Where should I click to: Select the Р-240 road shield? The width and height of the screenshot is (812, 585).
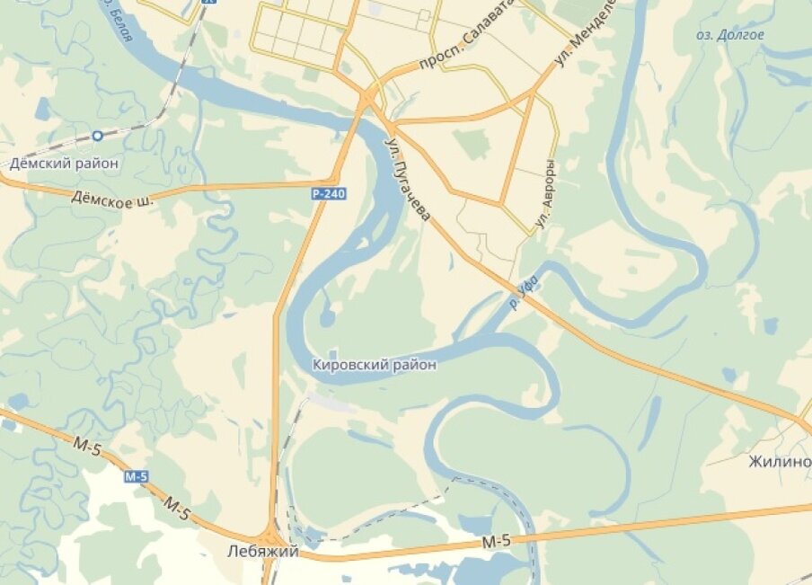click(x=329, y=193)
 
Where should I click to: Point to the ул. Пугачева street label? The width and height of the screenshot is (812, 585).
click(x=408, y=178)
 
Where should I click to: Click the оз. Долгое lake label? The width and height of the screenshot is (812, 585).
click(x=730, y=35)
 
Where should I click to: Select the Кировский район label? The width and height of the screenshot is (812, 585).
click(x=375, y=365)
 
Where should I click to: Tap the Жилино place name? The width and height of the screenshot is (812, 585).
click(x=779, y=462)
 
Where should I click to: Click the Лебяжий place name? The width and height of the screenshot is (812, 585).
click(x=262, y=552)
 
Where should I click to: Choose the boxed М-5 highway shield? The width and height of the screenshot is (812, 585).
click(x=136, y=476)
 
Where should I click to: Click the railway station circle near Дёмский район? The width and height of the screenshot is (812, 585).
click(x=96, y=135)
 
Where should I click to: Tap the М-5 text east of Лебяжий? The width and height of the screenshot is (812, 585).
click(x=496, y=541)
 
